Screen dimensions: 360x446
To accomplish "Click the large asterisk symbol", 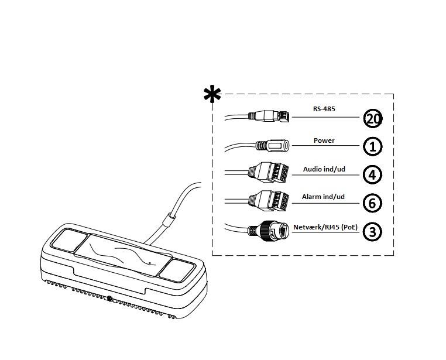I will coord(212,94).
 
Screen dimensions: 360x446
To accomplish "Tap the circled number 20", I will coord(373,119).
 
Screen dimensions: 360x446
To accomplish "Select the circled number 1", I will coord(373,146).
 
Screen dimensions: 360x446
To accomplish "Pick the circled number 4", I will coord(373,174).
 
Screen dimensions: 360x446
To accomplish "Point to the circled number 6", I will coord(373,203).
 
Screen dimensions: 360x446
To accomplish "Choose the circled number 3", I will coord(373,231).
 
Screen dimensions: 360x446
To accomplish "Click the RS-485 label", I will coord(324,108).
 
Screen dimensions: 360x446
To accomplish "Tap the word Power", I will coord(324,140).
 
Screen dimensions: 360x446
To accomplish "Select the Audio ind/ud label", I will coord(324,169).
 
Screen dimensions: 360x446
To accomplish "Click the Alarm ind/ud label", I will coord(324,197).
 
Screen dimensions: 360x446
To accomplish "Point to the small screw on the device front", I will coord(110,300).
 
